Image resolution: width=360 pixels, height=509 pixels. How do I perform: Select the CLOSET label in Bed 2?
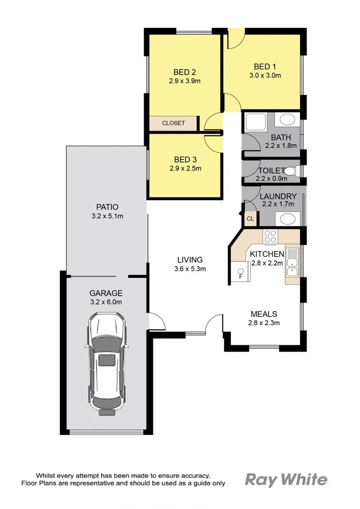click(x=173, y=123)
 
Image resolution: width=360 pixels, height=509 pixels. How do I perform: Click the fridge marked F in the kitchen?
click(x=240, y=272)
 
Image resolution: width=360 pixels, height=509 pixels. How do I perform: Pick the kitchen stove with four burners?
click(x=270, y=236)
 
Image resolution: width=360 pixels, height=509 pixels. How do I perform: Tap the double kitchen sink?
click(x=292, y=267)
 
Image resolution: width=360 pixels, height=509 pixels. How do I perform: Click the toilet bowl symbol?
click(x=294, y=171)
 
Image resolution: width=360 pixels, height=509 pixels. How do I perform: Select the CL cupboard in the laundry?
click(x=250, y=219)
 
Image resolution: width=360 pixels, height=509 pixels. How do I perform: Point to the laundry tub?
click(x=287, y=219)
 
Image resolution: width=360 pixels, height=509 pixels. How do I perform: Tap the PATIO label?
click(x=106, y=207)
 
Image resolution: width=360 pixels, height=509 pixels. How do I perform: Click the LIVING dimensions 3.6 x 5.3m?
click(x=190, y=269)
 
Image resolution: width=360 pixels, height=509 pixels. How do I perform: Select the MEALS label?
click(x=263, y=314)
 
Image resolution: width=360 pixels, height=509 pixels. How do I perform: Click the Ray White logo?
click(x=287, y=480)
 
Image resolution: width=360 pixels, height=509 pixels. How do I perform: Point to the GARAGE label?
click(x=106, y=293)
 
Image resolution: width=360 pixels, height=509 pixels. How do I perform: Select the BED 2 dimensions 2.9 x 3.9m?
click(x=185, y=81)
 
